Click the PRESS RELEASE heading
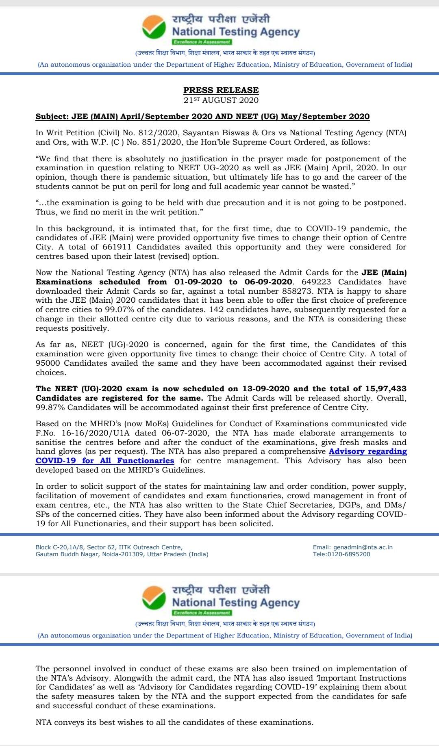(221, 90)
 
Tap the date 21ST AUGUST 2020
(221, 100)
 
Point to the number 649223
(314, 282)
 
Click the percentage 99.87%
(50, 407)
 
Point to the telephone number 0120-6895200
(351, 554)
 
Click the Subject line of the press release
(202, 117)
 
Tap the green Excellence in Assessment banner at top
(202, 42)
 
